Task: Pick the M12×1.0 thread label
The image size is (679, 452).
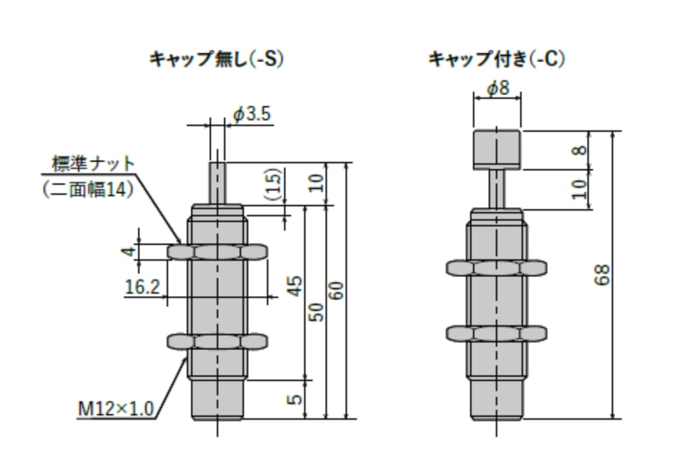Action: pyautogui.click(x=116, y=409)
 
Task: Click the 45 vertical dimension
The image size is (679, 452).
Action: pyautogui.click(x=293, y=287)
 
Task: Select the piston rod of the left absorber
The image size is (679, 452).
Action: pyautogui.click(x=218, y=183)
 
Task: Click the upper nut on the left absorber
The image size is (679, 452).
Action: pyautogui.click(x=218, y=251)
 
